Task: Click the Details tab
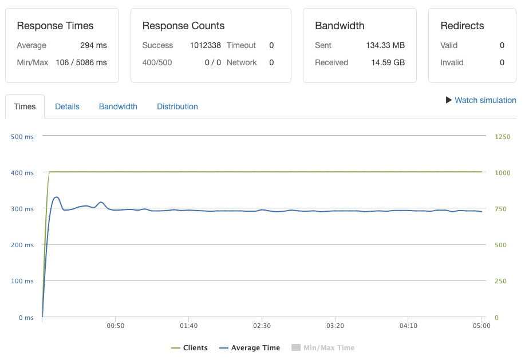67,106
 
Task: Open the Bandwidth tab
118,106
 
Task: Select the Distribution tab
177,106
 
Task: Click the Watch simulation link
485,100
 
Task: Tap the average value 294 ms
93,45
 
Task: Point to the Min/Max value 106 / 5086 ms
81,62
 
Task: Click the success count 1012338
206,45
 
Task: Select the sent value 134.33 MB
385,45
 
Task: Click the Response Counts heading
183,26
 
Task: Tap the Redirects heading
462,26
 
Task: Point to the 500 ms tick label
22,137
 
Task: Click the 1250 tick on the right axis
502,137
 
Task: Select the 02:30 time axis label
262,326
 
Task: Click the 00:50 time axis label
115,326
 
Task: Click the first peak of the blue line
56,197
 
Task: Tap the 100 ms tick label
22,281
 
